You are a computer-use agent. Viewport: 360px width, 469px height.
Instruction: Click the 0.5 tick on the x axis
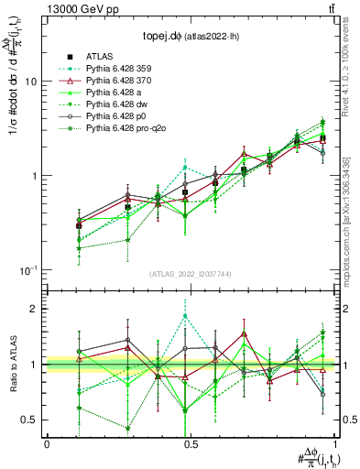[x=190, y=443]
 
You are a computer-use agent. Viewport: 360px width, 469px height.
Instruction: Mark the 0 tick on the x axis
[x=47, y=443]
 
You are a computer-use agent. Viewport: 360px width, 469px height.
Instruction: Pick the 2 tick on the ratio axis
[x=34, y=309]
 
